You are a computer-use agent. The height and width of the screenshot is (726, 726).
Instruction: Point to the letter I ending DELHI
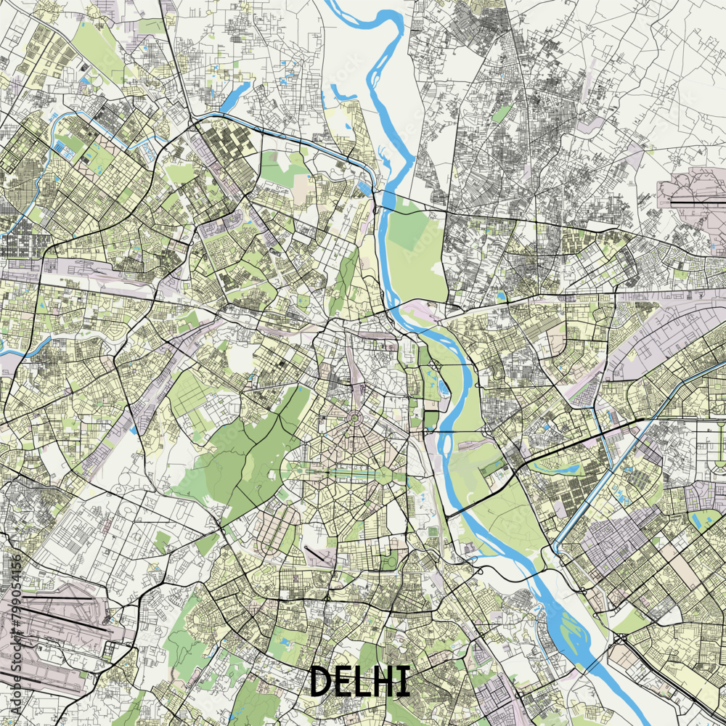[404, 681]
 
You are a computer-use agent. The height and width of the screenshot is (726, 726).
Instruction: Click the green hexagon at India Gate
[383, 476]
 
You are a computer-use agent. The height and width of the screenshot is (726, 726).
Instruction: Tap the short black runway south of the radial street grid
[317, 556]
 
